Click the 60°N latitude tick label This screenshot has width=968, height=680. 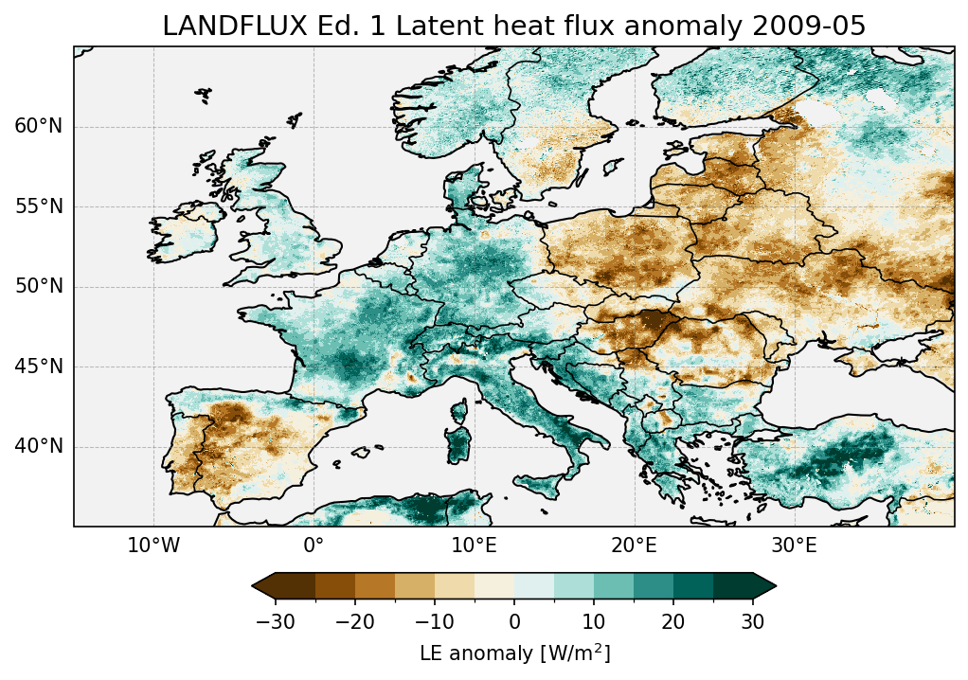38,127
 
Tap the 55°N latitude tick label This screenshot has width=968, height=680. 38,206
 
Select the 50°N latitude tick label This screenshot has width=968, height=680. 38,286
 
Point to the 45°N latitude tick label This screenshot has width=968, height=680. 38,367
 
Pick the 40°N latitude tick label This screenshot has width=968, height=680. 38,446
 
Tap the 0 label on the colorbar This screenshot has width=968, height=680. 514,621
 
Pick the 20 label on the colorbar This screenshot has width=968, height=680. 673,621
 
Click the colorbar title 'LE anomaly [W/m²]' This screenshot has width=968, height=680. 514,653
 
